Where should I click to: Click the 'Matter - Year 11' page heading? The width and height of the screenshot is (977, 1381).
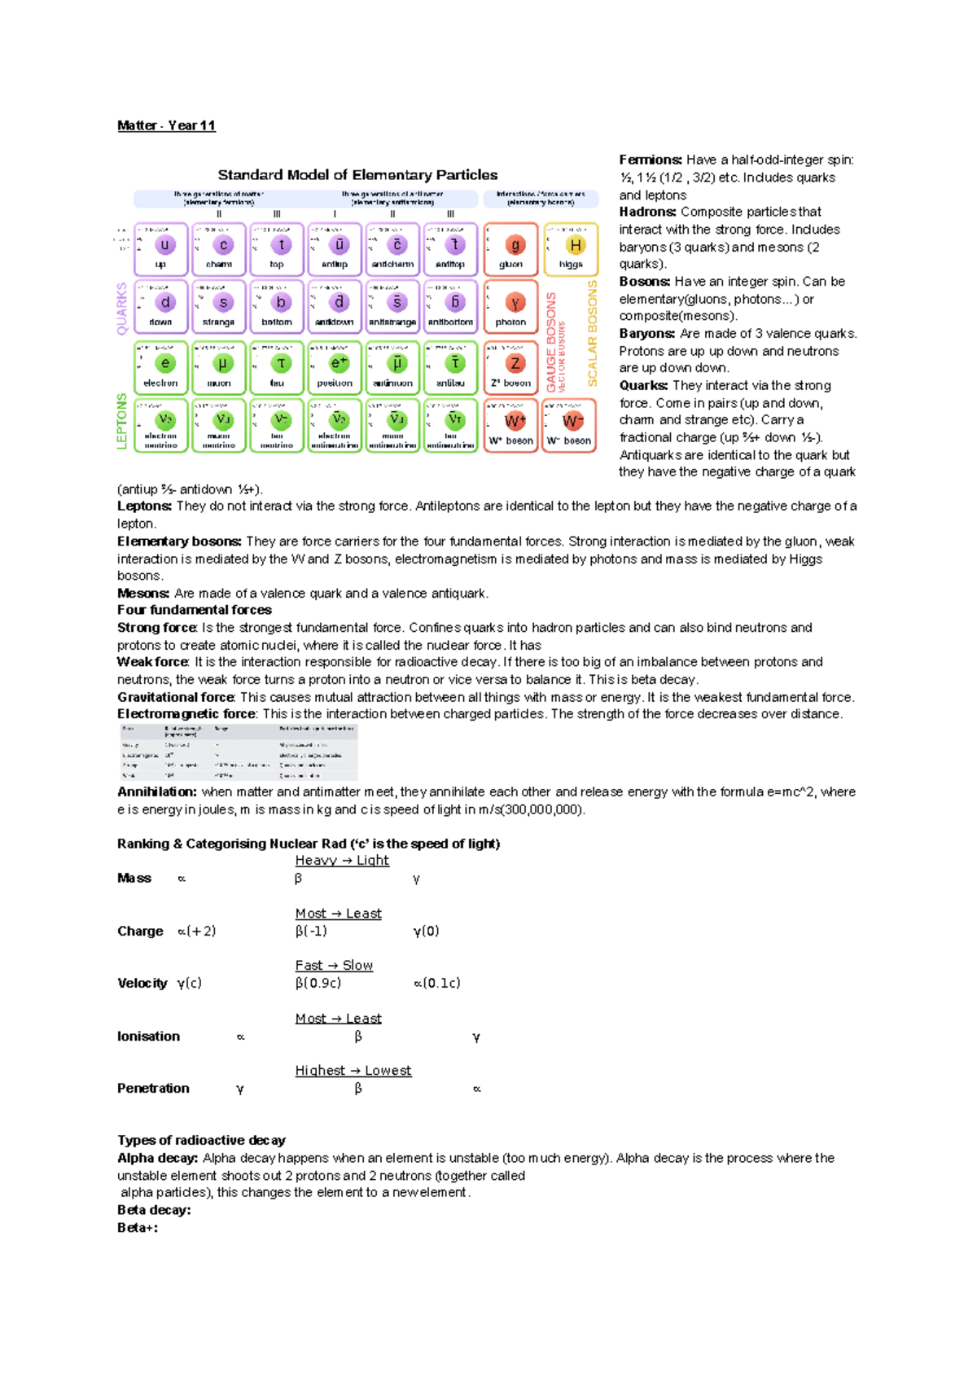[166, 125]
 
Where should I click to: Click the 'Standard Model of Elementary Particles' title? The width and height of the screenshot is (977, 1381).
[357, 175]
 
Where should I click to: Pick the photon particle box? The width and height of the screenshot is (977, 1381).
[510, 307]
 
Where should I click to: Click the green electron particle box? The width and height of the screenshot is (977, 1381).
[161, 368]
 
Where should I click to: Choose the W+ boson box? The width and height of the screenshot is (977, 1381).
[510, 426]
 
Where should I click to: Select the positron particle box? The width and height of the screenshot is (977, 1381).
[335, 368]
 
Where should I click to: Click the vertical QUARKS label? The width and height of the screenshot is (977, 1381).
[122, 309]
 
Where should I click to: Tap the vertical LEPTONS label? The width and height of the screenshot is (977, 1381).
[122, 421]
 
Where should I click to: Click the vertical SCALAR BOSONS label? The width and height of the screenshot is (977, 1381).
[593, 333]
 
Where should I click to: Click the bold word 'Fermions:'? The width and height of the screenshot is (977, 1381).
[650, 160]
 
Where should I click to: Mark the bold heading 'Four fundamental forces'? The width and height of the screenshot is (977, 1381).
[195, 610]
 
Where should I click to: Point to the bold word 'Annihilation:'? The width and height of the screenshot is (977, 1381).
[157, 791]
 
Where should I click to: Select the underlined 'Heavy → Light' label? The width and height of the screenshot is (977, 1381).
[342, 861]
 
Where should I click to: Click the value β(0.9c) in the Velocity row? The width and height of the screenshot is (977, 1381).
[318, 983]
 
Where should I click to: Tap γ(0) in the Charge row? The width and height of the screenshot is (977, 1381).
[426, 931]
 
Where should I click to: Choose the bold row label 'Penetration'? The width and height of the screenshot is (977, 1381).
[153, 1089]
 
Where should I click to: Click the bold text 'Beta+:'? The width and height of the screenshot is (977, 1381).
[138, 1228]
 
